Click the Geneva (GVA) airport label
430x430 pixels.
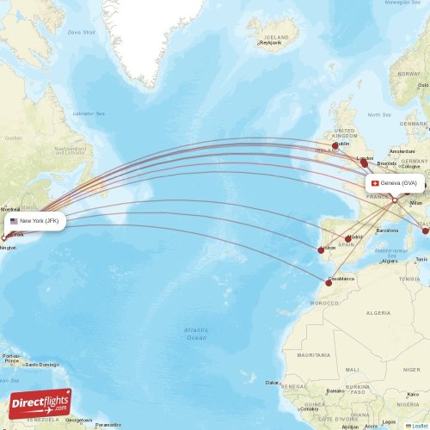398,183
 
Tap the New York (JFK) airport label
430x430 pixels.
39,221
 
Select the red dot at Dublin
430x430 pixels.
335,145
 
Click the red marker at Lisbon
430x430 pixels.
321,250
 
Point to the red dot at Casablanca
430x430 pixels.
329,281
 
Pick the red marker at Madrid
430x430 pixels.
348,239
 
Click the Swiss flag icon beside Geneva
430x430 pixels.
375,183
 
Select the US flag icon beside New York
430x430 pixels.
14,221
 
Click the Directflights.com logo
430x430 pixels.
40,403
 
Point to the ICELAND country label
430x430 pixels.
277,39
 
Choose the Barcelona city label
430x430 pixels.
387,230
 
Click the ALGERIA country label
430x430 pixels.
378,314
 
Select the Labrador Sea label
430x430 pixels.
89,114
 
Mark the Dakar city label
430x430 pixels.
273,382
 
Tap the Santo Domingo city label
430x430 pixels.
40,365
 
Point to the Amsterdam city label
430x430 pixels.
402,150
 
